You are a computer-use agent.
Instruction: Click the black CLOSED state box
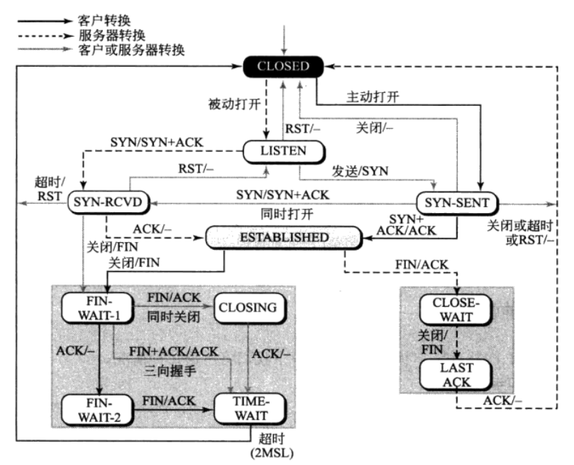click(284, 67)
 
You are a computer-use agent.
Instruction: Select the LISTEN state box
click(284, 151)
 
